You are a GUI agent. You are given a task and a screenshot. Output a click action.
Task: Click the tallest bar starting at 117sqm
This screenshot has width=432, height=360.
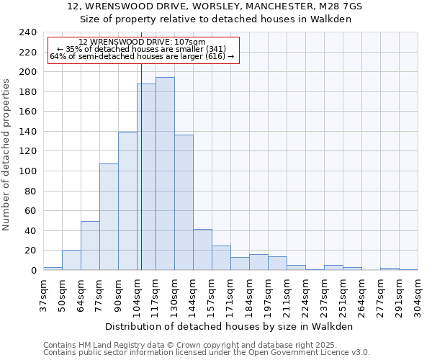[165, 174]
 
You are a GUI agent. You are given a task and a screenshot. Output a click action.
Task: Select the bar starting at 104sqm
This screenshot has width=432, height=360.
[146, 176]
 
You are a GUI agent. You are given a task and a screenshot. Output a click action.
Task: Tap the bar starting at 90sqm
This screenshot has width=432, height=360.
[127, 201]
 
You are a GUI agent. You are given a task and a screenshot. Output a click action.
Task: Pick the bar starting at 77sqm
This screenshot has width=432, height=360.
[109, 217]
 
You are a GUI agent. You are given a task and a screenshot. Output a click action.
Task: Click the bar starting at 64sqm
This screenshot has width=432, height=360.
[90, 246]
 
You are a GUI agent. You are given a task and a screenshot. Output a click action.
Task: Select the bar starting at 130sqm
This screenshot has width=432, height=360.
[184, 202]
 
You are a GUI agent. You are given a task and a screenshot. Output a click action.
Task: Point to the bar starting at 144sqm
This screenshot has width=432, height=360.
[202, 249]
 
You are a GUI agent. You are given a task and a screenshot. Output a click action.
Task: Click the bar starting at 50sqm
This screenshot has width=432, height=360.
[71, 260]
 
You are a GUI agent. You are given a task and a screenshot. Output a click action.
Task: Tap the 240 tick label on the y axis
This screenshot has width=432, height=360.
[28, 32]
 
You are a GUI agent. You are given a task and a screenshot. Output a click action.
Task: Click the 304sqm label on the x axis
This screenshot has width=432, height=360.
[418, 295]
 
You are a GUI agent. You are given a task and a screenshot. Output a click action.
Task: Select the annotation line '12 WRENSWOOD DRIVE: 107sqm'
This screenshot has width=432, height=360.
[142, 42]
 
